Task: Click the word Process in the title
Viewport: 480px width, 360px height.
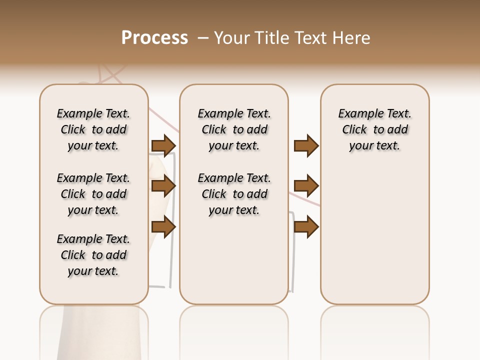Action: pyautogui.click(x=154, y=38)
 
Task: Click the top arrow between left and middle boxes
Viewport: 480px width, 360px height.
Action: pyautogui.click(x=163, y=146)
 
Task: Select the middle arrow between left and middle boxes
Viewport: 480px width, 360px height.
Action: pyautogui.click(x=163, y=186)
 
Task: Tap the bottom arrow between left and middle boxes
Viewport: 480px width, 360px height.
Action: pyautogui.click(x=163, y=227)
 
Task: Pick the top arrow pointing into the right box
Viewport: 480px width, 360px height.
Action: pyautogui.click(x=306, y=146)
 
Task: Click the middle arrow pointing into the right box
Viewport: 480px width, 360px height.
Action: pyautogui.click(x=306, y=186)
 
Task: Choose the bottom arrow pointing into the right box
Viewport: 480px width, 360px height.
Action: pyautogui.click(x=306, y=227)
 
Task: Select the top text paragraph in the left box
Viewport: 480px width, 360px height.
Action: pyautogui.click(x=93, y=129)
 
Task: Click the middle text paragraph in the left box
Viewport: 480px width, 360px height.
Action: pyautogui.click(x=93, y=194)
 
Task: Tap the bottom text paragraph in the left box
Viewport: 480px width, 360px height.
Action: pyautogui.click(x=93, y=255)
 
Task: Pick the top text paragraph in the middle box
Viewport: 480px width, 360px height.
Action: pyautogui.click(x=234, y=129)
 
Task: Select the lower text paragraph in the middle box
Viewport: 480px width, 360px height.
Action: pyautogui.click(x=234, y=194)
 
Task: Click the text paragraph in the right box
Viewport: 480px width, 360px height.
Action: pyautogui.click(x=374, y=129)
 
